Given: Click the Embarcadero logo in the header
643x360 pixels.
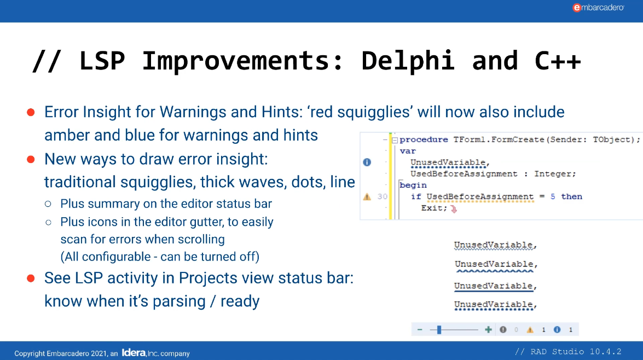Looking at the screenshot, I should (598, 8).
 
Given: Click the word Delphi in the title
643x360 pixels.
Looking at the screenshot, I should (408, 60).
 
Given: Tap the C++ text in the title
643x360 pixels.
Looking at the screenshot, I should (558, 60).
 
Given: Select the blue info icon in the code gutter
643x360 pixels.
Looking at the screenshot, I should (367, 162).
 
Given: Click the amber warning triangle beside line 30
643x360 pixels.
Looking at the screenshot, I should (367, 197).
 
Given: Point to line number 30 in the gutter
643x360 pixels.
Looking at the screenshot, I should (382, 197).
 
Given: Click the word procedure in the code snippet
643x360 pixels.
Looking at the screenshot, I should (424, 140).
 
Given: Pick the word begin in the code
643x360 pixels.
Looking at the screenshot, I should (413, 185).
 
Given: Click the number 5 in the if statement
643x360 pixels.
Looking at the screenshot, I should (553, 196).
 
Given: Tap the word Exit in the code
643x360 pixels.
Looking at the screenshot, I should (432, 208).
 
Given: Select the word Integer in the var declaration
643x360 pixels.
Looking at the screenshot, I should (555, 173).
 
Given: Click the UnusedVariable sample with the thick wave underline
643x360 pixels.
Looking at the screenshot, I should (495, 265).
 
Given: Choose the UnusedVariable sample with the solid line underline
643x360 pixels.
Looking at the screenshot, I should (495, 286).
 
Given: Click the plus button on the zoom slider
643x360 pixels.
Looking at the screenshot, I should (488, 330).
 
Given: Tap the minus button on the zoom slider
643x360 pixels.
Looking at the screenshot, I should (420, 330).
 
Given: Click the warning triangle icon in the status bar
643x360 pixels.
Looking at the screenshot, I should (530, 330).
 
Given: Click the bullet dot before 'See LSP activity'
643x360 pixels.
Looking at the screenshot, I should (31, 278).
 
